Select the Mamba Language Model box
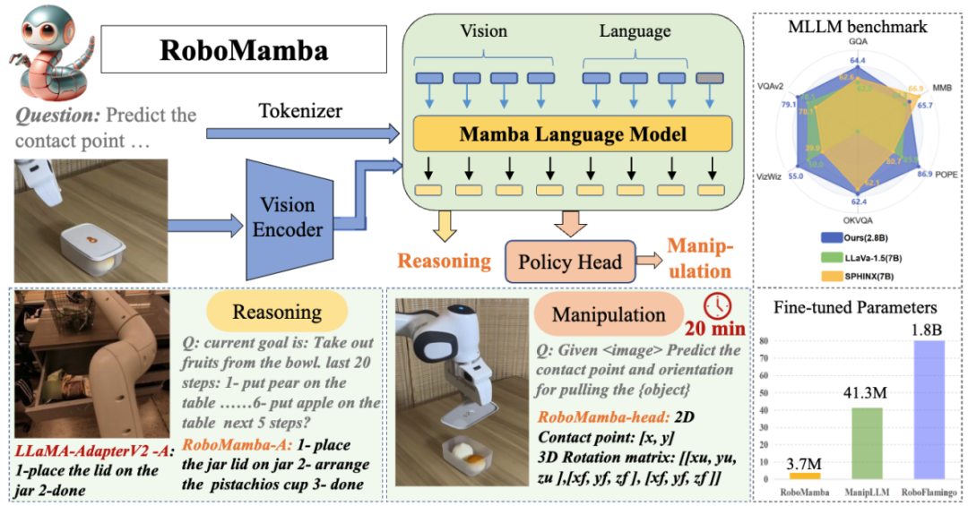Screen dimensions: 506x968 tap(573, 134)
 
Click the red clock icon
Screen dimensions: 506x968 tap(717, 306)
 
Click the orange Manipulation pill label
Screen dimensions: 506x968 tap(609, 314)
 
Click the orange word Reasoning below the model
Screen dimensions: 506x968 tap(445, 261)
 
